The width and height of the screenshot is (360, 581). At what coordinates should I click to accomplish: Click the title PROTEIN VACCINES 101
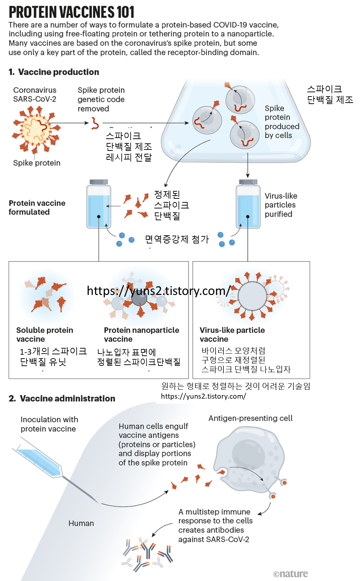tap(71, 12)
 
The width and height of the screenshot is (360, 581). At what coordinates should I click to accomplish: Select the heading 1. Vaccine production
tap(54, 72)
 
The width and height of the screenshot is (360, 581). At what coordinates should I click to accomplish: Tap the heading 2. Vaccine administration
tap(62, 398)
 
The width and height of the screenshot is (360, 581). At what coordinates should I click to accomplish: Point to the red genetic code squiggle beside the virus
tap(95, 123)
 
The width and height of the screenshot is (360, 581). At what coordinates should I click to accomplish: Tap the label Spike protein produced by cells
tap(282, 122)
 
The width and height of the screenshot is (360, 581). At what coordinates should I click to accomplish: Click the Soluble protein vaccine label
tap(45, 334)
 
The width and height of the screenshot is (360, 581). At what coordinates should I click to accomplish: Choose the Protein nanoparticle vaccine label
tap(142, 334)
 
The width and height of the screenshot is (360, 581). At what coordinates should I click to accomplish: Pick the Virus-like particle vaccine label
tap(232, 334)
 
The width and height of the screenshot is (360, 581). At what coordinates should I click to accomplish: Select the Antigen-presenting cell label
tap(250, 418)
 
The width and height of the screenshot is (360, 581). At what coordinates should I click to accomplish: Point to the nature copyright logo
tap(290, 574)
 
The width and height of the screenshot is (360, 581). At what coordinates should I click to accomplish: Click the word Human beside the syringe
tap(81, 523)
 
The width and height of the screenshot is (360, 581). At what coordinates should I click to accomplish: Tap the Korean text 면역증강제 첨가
tap(177, 239)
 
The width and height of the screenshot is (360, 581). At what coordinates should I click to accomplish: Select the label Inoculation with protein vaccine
tap(49, 424)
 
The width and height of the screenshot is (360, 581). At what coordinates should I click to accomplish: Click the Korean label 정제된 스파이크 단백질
tap(171, 205)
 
